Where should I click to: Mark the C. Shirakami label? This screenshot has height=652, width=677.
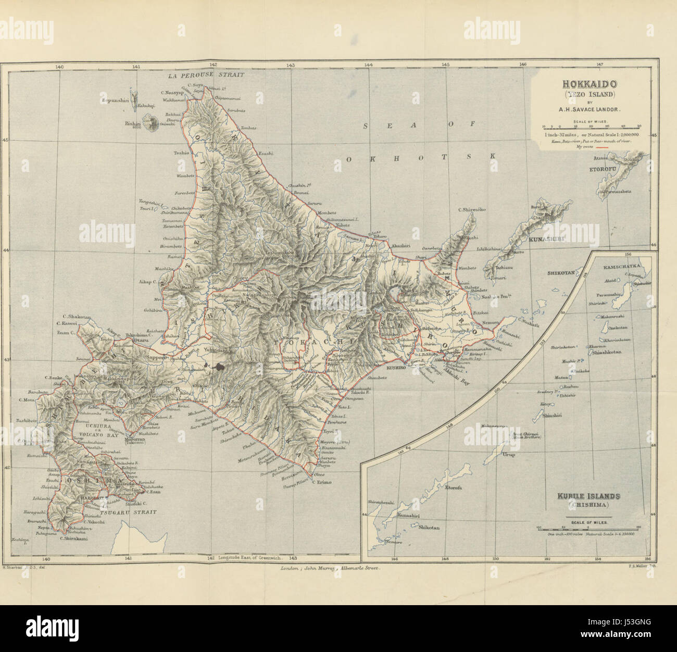[72, 539]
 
